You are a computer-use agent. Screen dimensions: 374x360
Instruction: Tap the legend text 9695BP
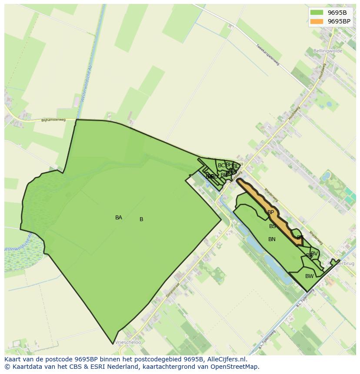339,21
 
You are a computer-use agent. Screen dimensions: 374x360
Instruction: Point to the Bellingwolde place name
328,51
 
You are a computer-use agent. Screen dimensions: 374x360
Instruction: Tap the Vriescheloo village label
128,342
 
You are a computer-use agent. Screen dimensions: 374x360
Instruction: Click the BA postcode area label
119,218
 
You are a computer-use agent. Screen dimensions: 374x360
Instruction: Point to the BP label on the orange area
271,212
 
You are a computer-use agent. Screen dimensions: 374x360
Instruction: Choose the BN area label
272,239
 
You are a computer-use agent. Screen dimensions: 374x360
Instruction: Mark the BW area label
309,276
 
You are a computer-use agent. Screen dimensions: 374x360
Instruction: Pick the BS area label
273,226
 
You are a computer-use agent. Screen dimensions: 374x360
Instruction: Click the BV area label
314,253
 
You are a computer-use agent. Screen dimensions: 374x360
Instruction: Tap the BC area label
221,165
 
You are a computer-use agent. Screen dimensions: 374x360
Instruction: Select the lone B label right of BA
141,219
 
